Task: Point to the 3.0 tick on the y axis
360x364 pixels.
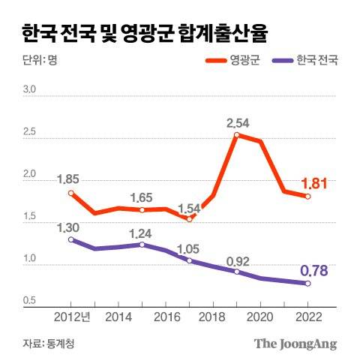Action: point(31,90)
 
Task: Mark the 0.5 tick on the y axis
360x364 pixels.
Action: point(31,302)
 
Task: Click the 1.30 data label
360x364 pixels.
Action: point(69,226)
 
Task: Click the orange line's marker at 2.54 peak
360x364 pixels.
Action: point(237,135)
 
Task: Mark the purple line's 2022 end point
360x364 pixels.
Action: point(307,283)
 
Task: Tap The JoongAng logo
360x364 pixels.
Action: point(295,344)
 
